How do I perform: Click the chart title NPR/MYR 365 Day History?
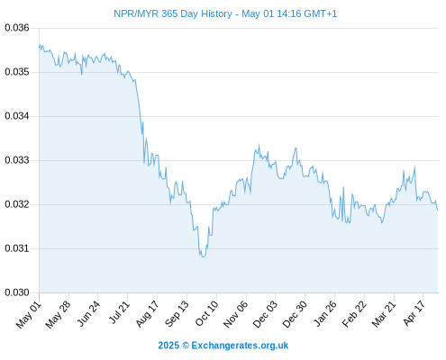[173, 13]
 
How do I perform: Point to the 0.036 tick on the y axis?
[17, 28]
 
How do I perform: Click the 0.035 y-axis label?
[17, 72]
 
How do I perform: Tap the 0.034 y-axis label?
[17, 116]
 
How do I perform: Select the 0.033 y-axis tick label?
[17, 160]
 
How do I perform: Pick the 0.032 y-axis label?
[17, 204]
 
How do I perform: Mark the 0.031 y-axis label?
[17, 248]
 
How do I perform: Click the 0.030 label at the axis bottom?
[17, 292]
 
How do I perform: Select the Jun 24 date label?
[88, 313]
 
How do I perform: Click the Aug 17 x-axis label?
[147, 314]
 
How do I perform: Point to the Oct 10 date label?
[206, 313]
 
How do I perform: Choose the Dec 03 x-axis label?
[266, 314]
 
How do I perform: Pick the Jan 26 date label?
[325, 313]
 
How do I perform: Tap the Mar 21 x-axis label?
[384, 314]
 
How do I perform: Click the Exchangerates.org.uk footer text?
[240, 346]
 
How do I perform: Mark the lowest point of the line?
[204, 256]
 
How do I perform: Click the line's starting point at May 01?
[39, 47]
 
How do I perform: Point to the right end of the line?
[438, 210]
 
